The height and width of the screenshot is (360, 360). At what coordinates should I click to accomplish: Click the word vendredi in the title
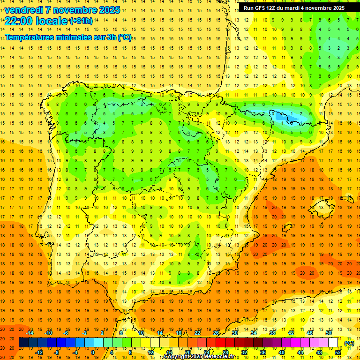(24, 10)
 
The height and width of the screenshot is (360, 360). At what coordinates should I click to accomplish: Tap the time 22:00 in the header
(18, 21)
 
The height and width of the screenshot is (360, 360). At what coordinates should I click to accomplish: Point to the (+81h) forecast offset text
(81, 21)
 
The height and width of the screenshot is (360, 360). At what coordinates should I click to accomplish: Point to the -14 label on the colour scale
(30, 333)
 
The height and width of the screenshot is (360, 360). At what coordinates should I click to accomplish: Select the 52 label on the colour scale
(338, 352)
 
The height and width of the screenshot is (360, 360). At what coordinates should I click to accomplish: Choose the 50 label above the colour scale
(329, 333)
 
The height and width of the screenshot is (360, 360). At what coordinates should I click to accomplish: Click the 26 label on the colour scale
(216, 333)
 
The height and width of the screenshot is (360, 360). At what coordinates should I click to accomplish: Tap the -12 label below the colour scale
(39, 352)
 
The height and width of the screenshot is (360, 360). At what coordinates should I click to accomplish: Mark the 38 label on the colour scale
(272, 333)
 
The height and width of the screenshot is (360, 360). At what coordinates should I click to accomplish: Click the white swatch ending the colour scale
(333, 343)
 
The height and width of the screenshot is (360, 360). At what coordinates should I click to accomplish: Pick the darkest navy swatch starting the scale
(23, 343)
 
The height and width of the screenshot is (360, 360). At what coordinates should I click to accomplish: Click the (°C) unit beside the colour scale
(349, 343)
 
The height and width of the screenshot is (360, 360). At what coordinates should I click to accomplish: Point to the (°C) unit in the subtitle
(124, 37)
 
